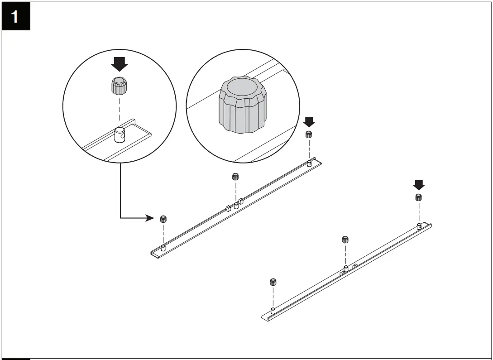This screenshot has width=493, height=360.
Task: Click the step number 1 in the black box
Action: coord(15,17)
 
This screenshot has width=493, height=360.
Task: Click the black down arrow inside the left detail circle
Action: coord(120,64)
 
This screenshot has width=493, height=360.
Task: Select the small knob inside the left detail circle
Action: coord(119,86)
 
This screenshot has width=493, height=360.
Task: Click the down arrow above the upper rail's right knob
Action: coord(309,122)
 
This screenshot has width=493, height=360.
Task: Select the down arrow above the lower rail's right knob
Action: coord(419,185)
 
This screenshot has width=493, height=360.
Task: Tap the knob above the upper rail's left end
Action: coord(163,219)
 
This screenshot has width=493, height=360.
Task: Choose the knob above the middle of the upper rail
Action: coord(235,176)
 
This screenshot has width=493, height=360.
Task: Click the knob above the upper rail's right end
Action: coord(309,134)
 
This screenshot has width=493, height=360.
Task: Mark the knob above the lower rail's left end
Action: coord(273,282)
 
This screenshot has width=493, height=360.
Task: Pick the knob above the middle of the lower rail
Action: coord(345,240)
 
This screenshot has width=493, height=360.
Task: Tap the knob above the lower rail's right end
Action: coord(419,197)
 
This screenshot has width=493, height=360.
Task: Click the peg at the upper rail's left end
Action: coord(163,248)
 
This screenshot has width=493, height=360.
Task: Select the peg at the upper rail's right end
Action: coord(309,163)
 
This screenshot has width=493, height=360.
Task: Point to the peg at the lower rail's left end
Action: coord(273,311)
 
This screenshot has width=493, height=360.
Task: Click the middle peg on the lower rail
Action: coord(345,269)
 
